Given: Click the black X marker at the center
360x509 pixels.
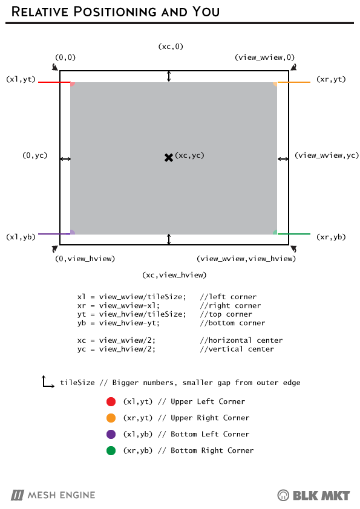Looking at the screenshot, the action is pyautogui.click(x=169, y=158).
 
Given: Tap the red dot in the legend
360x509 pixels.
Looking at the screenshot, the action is pyautogui.click(x=111, y=401).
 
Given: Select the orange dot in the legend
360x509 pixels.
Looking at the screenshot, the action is pyautogui.click(x=111, y=418).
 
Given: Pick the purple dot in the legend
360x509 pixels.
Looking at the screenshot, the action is pyautogui.click(x=111, y=434).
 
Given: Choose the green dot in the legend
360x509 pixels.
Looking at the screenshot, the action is pyautogui.click(x=111, y=450).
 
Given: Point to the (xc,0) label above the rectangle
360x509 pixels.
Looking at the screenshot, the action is pyautogui.click(x=171, y=47).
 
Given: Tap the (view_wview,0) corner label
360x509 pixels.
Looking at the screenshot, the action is pyautogui.click(x=265, y=57).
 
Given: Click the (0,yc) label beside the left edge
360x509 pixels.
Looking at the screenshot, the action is pyautogui.click(x=35, y=155).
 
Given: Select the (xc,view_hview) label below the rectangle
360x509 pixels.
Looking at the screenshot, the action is pyautogui.click(x=174, y=275).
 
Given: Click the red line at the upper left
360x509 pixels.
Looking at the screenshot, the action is pyautogui.click(x=54, y=82).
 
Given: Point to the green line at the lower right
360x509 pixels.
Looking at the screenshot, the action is pyautogui.click(x=293, y=234).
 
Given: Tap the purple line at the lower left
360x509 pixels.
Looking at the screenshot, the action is pyautogui.click(x=54, y=234).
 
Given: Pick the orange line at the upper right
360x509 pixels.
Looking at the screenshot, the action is pyautogui.click(x=293, y=82).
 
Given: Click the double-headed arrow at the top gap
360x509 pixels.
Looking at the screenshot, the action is pyautogui.click(x=169, y=76).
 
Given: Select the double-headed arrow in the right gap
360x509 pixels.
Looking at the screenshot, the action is pyautogui.click(x=283, y=159).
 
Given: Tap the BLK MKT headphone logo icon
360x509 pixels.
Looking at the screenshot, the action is pyautogui.click(x=283, y=495).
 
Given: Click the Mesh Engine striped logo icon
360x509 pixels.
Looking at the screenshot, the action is pyautogui.click(x=17, y=495).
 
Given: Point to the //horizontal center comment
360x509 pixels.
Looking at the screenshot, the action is pyautogui.click(x=241, y=340).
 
